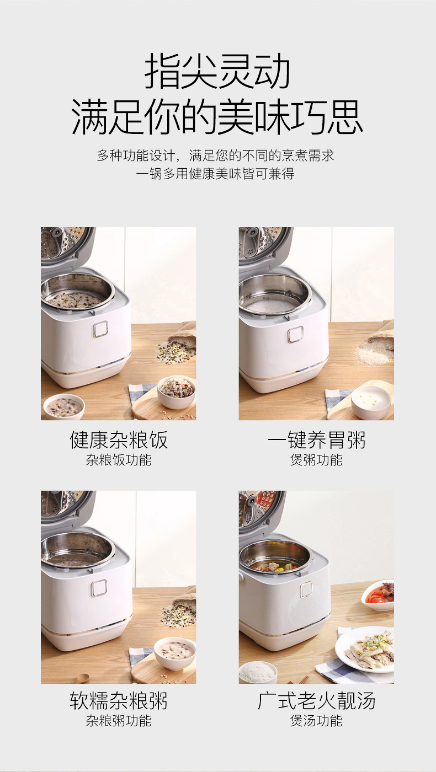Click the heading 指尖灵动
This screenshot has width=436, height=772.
(x=217, y=72)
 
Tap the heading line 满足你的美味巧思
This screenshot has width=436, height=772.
(x=217, y=117)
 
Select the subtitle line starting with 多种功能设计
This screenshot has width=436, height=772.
(x=216, y=156)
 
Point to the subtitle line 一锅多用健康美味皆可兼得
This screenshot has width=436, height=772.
(x=216, y=174)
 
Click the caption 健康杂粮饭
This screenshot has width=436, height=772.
(x=119, y=440)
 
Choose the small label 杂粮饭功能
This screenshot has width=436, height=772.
(x=119, y=460)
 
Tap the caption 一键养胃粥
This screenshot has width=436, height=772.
(x=316, y=440)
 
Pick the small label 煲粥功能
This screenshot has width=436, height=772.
(x=316, y=460)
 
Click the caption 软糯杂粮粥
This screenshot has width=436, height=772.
(x=119, y=701)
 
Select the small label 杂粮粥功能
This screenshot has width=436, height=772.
(x=119, y=721)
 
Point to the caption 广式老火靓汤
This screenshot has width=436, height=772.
(x=316, y=701)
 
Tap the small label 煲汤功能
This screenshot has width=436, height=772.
(x=316, y=721)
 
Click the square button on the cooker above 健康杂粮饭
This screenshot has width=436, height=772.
(x=100, y=329)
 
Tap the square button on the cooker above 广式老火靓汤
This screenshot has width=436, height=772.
(x=306, y=589)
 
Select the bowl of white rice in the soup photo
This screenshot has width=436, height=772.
(x=258, y=672)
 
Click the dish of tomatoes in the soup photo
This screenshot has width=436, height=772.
(x=378, y=594)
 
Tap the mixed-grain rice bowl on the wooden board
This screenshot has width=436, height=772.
(x=176, y=393)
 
